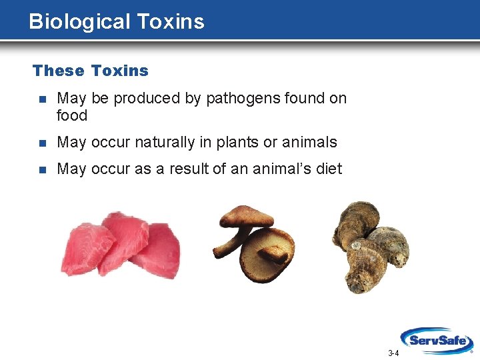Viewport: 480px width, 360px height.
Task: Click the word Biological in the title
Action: pos(80,21)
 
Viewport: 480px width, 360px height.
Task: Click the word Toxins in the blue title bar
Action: pos(171,21)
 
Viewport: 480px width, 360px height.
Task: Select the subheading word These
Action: pos(59,71)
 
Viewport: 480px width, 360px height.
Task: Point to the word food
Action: pos(72,115)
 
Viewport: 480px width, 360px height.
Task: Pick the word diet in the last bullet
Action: pos(329,169)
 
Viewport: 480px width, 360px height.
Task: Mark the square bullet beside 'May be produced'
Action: pos(42,99)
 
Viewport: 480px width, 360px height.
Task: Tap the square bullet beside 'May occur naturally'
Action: pos(42,143)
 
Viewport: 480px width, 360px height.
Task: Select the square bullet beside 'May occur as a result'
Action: pos(42,169)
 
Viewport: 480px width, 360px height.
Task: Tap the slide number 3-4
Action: pos(393,353)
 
